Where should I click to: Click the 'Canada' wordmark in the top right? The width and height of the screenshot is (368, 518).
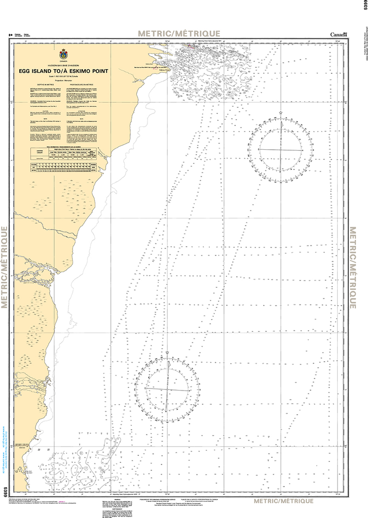click(339, 34)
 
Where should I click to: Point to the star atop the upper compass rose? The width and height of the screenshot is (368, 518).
click(280, 113)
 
